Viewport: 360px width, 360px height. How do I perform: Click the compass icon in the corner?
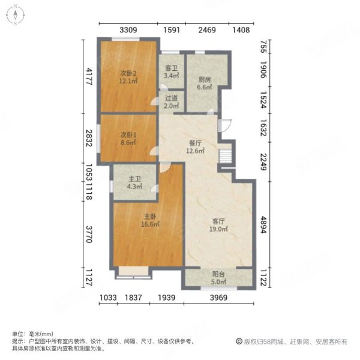pyautogui.click(x=13, y=14)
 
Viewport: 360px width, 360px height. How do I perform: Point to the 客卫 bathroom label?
pyautogui.click(x=171, y=68)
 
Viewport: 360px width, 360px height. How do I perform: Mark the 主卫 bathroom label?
pyautogui.click(x=134, y=178)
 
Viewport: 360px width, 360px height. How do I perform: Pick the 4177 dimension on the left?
pyautogui.click(x=88, y=77)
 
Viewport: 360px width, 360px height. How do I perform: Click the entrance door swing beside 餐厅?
pyautogui.click(x=224, y=126)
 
